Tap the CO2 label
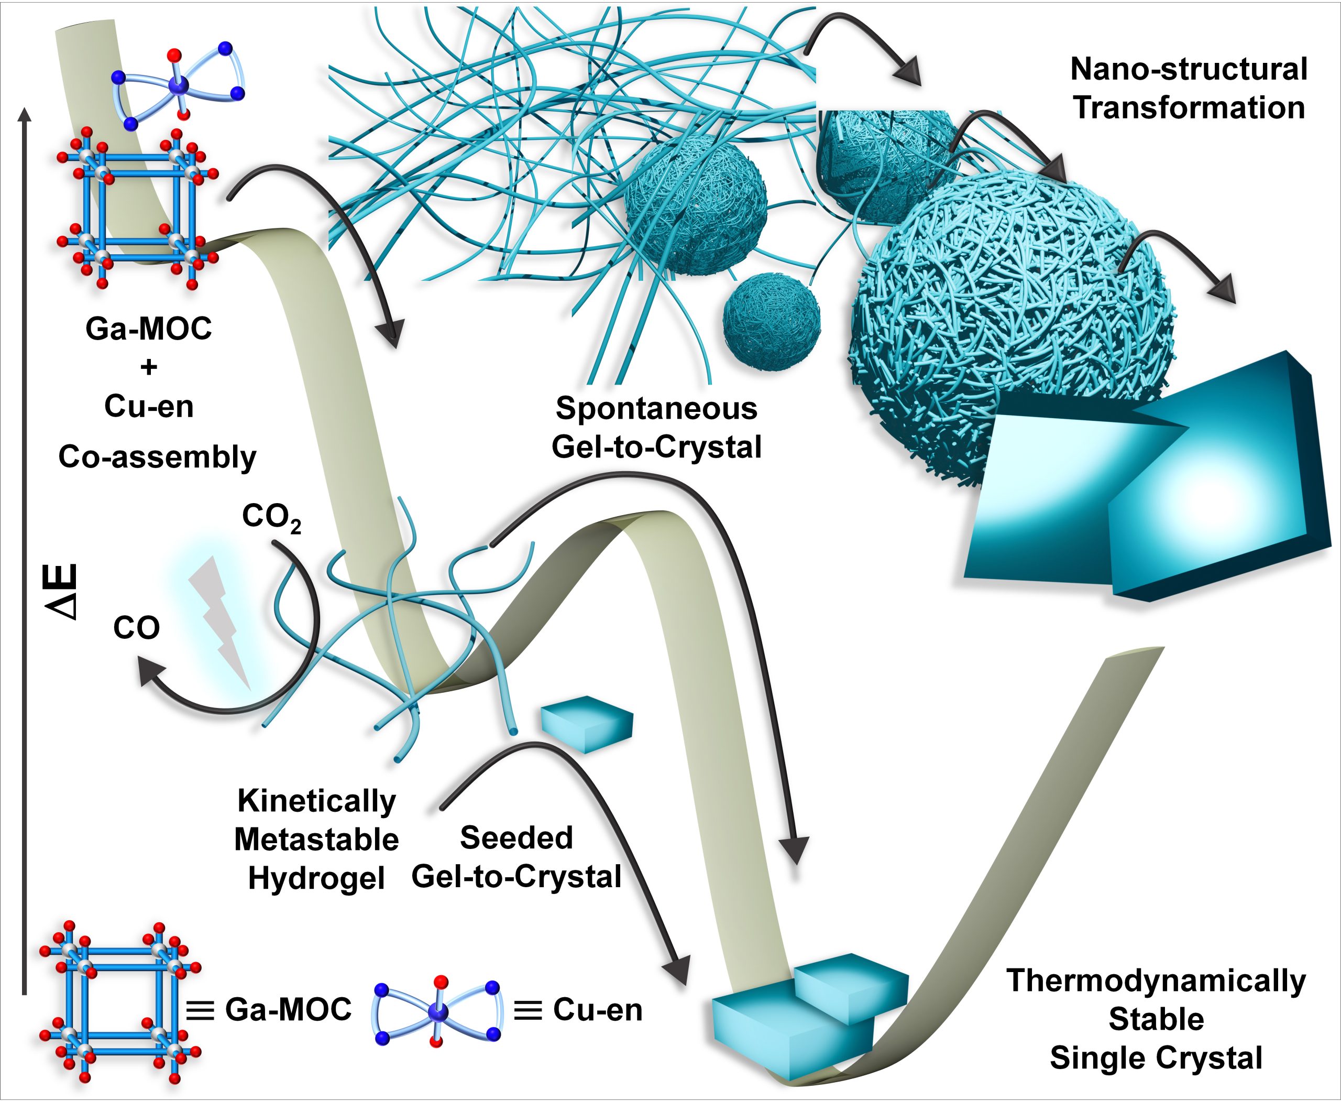271,518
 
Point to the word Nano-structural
1188,69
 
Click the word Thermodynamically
1156,980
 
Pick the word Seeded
516,838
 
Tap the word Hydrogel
316,878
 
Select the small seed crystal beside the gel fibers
587,724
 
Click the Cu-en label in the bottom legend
597,1010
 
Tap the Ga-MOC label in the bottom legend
288,1010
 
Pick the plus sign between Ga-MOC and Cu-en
149,367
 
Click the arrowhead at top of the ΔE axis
24,114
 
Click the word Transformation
1188,108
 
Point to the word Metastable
316,840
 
